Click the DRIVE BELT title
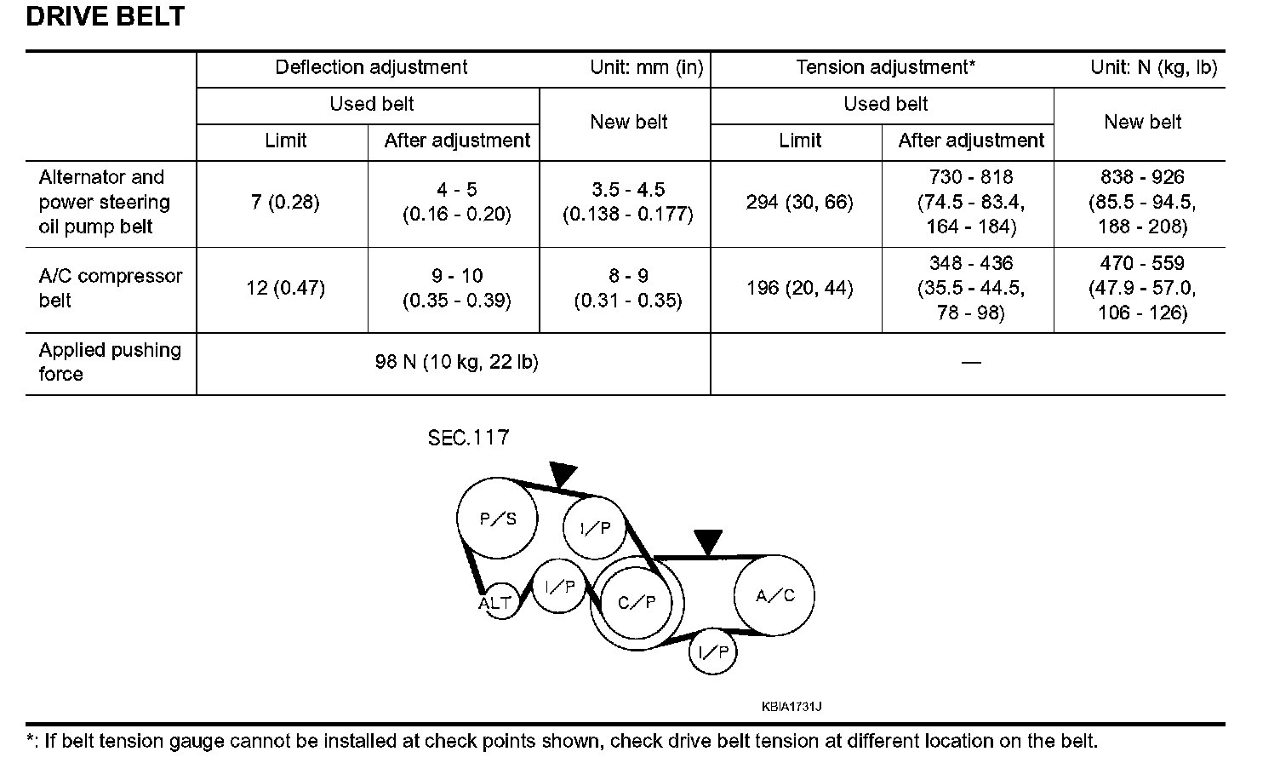tap(105, 16)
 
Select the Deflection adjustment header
tap(371, 68)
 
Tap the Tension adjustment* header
tap(885, 68)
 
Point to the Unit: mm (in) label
tap(647, 68)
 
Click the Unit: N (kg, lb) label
tap(1153, 68)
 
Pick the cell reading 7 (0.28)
tap(285, 203)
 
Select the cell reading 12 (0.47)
tap(285, 289)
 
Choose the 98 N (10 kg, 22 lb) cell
tap(456, 363)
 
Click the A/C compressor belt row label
tap(111, 289)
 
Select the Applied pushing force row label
tap(110, 362)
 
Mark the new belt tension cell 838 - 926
tap(1142, 203)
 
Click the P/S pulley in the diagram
tap(498, 518)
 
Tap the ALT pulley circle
tap(495, 603)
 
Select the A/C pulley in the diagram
tap(774, 595)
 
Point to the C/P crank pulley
tap(637, 603)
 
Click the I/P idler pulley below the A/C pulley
tap(712, 652)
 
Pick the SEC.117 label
tap(468, 438)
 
